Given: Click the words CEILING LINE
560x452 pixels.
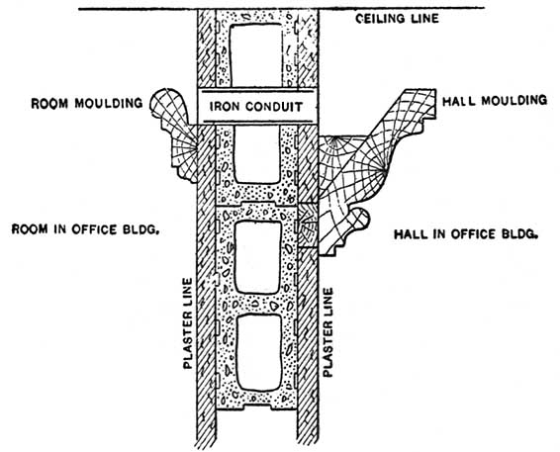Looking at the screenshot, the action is [397, 18].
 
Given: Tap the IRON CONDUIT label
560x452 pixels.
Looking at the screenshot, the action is [256, 107].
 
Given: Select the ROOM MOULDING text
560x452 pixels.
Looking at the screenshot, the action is [87, 103].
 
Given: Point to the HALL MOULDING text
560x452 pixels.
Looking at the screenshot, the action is [495, 100].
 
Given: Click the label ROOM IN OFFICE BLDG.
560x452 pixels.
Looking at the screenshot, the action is [85, 228].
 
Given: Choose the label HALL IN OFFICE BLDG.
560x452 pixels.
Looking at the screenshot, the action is [466, 234].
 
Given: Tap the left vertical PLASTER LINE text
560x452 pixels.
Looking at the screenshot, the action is [188, 323].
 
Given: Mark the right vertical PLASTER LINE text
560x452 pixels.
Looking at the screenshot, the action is [327, 332].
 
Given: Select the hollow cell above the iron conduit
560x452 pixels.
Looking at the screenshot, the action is [255, 55].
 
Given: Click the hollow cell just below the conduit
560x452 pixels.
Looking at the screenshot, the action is [256, 154].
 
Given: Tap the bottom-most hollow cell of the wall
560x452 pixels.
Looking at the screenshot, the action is [259, 353].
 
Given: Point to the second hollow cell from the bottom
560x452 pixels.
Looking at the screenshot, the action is [258, 258].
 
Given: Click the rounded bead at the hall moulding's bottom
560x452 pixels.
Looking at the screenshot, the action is [359, 219].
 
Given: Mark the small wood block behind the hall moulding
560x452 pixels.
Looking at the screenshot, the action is [307, 226].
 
